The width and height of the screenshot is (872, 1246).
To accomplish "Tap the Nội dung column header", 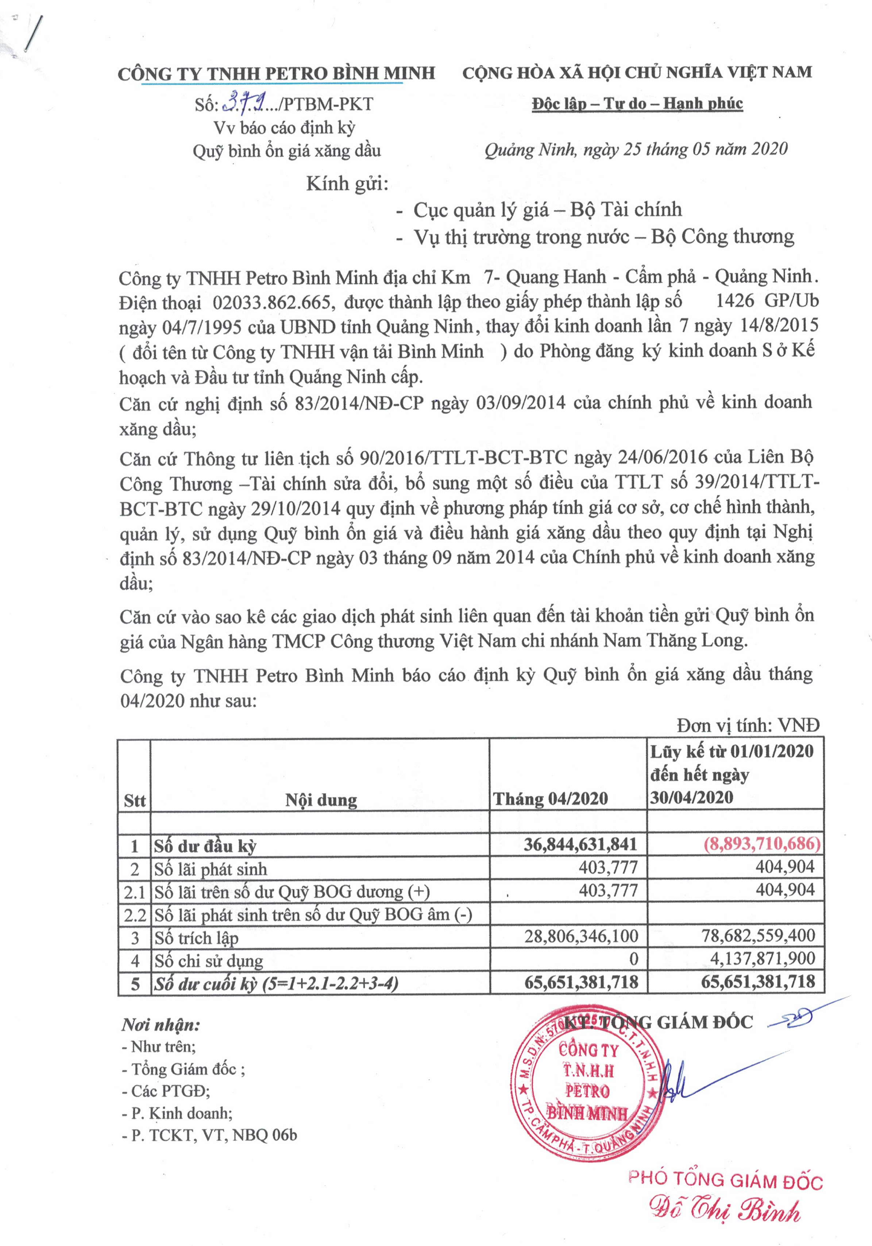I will click(x=321, y=799).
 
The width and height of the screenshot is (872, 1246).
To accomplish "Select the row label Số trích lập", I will click(x=196, y=938).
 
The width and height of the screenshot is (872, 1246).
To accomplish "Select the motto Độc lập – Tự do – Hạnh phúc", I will click(x=637, y=103).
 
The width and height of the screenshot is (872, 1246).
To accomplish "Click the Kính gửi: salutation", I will click(x=347, y=184).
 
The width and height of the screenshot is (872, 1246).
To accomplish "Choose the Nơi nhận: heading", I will click(x=161, y=1025).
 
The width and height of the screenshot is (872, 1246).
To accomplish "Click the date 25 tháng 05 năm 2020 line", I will click(x=636, y=149).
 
